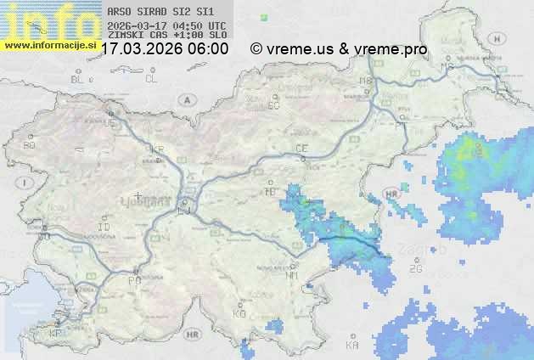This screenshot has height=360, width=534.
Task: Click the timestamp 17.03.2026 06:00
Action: tap(165, 49)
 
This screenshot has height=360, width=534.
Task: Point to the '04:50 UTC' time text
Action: tap(195, 26)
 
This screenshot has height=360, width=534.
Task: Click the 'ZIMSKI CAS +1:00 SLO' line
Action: tap(167, 36)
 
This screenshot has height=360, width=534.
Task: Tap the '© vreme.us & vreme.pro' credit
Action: tap(339, 49)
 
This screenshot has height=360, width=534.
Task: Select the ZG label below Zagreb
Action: tap(415, 269)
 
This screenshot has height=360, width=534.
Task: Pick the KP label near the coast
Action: tap(56, 334)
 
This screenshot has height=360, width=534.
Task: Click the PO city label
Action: tap(133, 280)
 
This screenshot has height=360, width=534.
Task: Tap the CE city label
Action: tap(301, 149)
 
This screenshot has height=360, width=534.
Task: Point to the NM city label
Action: tap(292, 275)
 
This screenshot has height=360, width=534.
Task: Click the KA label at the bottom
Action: tap(352, 346)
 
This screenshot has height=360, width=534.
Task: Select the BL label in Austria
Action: tap(78, 79)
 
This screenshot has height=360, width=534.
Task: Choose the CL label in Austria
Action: tap(151, 79)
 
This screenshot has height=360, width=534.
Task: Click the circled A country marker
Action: tap(185, 98)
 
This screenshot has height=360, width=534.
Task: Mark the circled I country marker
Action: tap(26, 183)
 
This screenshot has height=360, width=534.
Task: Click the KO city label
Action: tap(239, 314)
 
